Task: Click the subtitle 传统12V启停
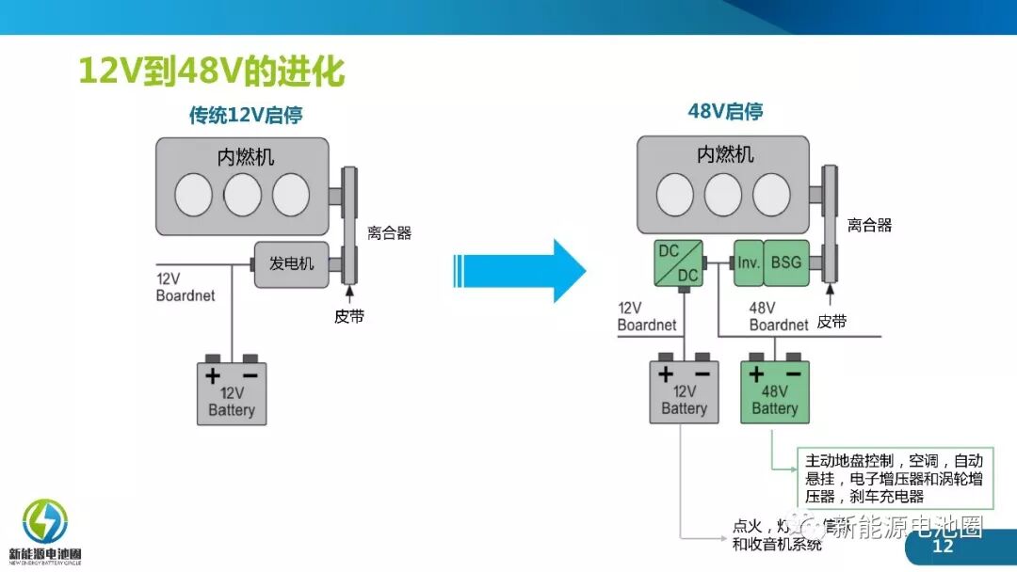[x=246, y=116]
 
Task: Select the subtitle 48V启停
[x=725, y=112]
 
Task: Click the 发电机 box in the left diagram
[x=291, y=263]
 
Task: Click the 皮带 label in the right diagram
[x=831, y=322]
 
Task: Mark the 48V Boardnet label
[x=778, y=316]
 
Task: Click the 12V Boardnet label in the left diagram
[x=185, y=287]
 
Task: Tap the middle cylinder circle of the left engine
[x=242, y=194]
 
